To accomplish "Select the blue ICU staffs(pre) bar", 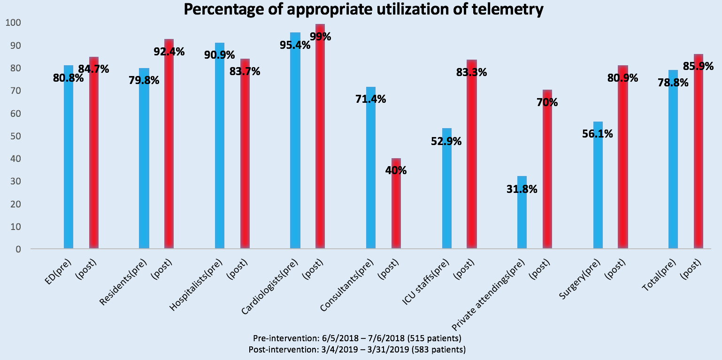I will (x=447, y=188).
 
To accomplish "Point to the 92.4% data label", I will (x=169, y=51).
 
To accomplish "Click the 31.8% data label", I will (x=522, y=189).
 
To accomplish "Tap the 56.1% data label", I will (x=598, y=134).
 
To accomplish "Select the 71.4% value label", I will (x=370, y=99).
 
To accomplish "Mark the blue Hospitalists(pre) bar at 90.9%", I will (x=220, y=146).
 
